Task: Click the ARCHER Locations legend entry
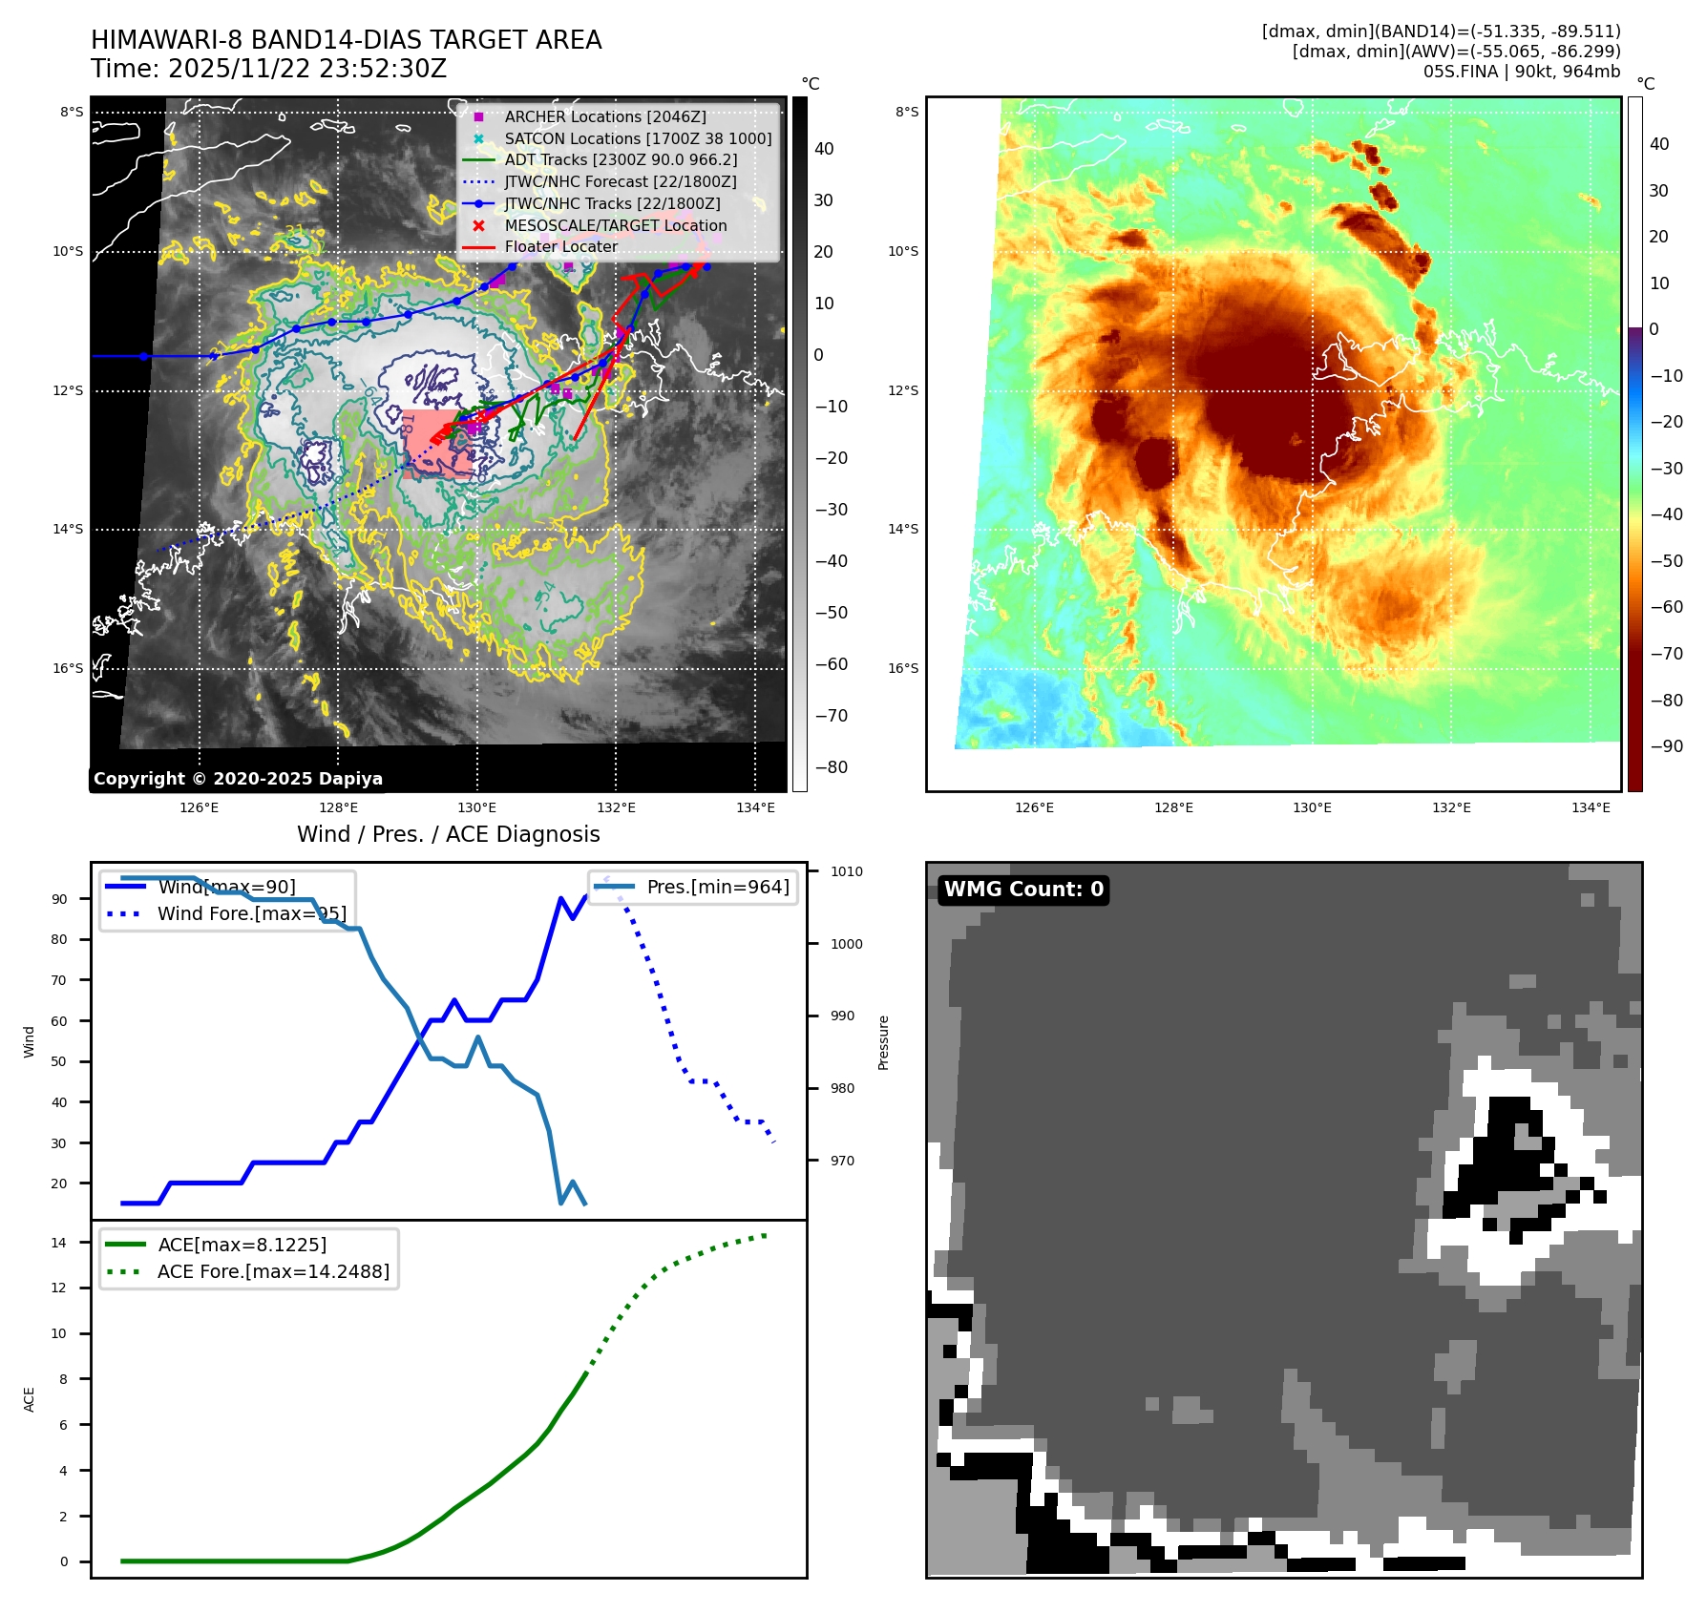point(605,116)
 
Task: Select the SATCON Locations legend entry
point(638,138)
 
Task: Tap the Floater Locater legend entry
point(561,246)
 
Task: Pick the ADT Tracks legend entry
point(621,159)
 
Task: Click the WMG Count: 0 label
point(1023,890)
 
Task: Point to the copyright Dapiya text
point(238,779)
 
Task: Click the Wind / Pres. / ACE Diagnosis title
point(449,834)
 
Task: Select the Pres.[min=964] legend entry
point(718,887)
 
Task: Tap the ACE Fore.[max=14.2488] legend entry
point(273,1271)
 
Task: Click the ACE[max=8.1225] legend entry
point(242,1245)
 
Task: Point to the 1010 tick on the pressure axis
point(846,871)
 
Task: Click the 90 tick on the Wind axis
point(59,899)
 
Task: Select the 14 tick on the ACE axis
point(59,1243)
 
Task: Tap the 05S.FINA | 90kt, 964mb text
point(1522,72)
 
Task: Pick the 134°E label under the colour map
point(1591,808)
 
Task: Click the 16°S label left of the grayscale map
point(68,668)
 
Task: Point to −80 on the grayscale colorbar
point(831,767)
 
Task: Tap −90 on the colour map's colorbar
point(1666,746)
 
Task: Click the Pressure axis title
point(884,1042)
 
